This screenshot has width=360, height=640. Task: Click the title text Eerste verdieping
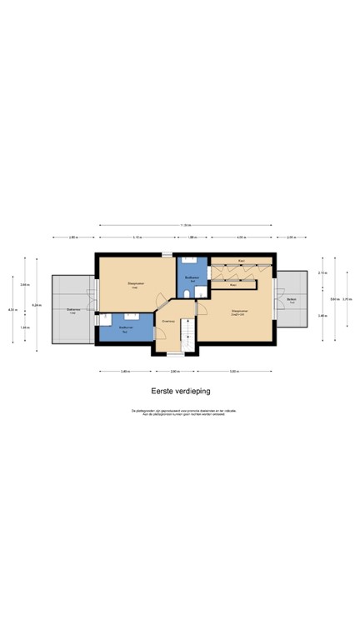[x=180, y=390]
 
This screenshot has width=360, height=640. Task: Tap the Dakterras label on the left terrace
[x=72, y=310]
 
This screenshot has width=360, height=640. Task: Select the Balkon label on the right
[x=292, y=300]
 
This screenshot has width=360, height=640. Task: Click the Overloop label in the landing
[x=167, y=320]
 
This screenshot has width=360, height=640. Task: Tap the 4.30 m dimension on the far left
[x=12, y=310]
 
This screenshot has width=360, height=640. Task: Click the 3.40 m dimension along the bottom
[x=124, y=371]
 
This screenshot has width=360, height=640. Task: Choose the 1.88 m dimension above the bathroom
[x=192, y=237]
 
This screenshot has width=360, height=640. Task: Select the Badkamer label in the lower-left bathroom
[x=125, y=329]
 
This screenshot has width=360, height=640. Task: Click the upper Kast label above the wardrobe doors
[x=241, y=261]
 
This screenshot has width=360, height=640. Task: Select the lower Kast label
[x=233, y=284]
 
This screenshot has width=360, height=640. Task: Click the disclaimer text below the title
[x=180, y=413]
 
